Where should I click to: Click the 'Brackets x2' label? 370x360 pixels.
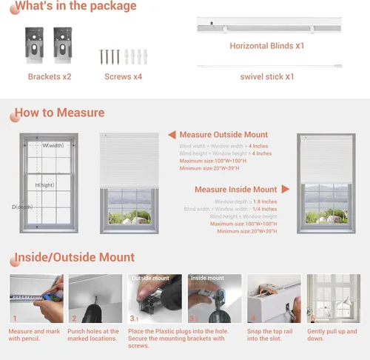pos(50,76)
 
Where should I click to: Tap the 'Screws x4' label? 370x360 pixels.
pos(117,76)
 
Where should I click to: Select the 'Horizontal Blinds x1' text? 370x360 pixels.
pos(266,46)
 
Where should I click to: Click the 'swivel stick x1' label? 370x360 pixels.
pos(266,76)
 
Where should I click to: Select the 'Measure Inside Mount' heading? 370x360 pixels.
pos(235,190)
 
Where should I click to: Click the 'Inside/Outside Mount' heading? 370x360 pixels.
pos(74,258)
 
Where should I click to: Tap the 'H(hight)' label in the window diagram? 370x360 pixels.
pos(46,184)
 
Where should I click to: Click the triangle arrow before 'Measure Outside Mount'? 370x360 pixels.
pos(171,135)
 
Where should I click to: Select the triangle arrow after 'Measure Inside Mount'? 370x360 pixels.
pos(285,190)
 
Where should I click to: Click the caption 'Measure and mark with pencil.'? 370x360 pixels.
pos(35,335)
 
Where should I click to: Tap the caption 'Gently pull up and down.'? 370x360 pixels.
pos(333,335)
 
